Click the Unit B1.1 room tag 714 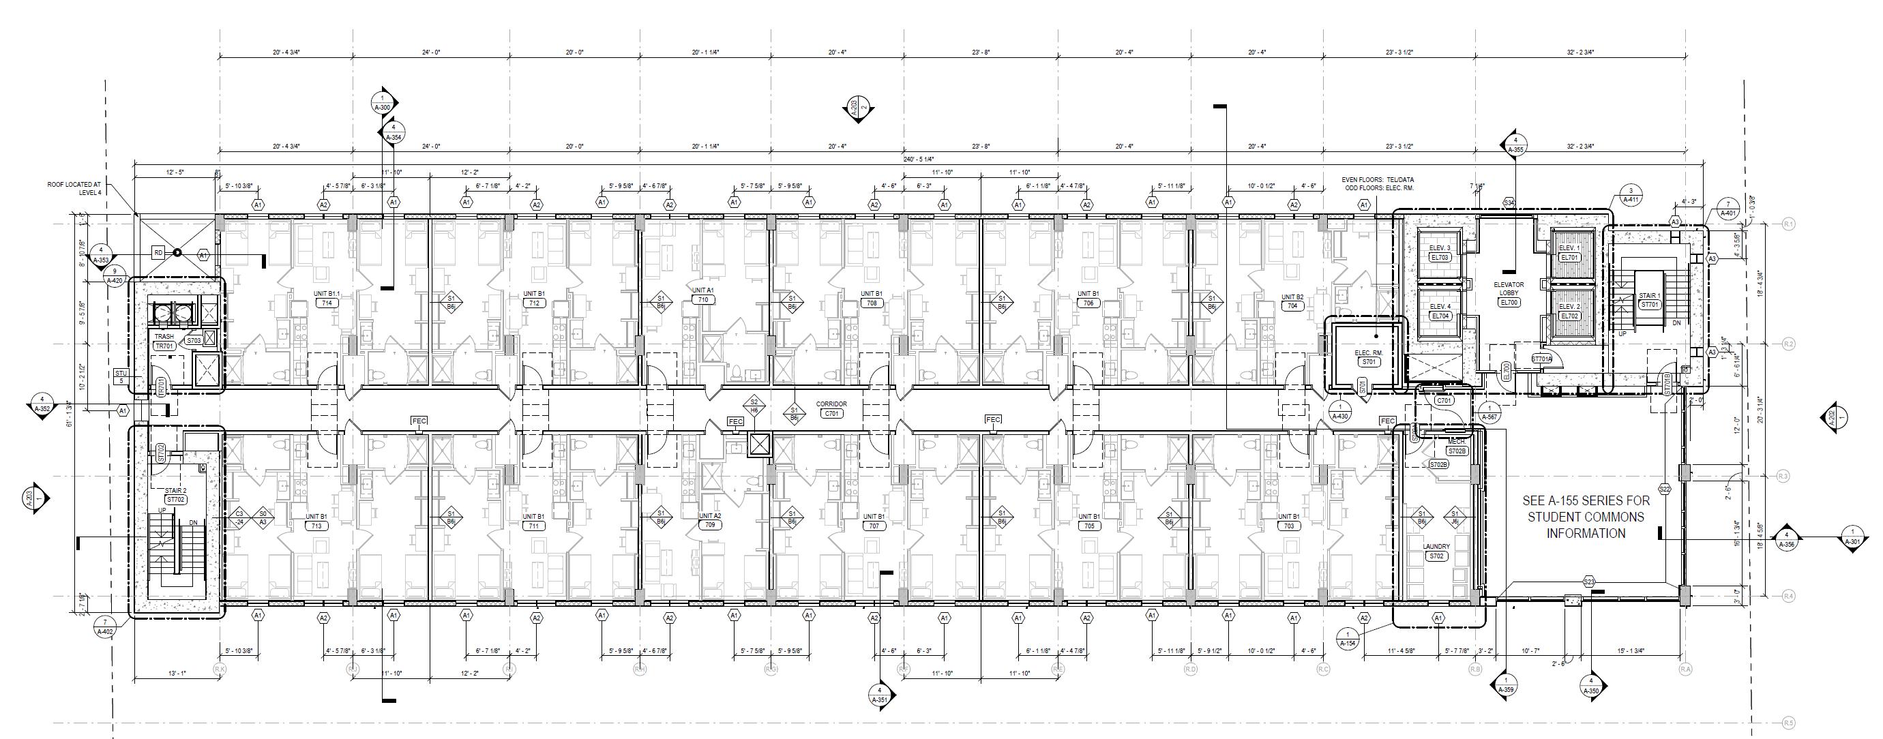[x=327, y=303]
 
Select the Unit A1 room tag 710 [x=703, y=300]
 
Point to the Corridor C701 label [x=832, y=414]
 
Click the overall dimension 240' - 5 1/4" [x=918, y=159]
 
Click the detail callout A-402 [x=105, y=627]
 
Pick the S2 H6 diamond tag [x=754, y=406]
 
